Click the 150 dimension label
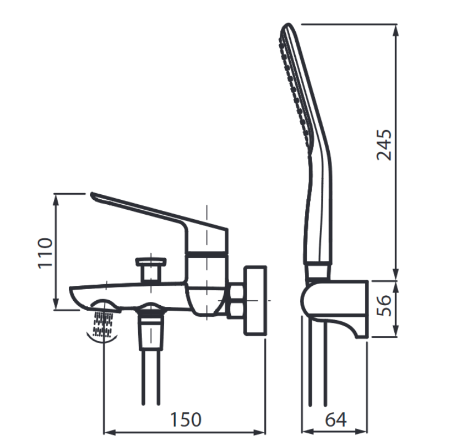coord(186,419)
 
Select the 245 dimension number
coord(384,145)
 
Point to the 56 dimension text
coord(384,305)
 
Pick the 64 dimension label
coord(336,419)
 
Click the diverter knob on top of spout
coord(151,270)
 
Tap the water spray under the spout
coord(102,324)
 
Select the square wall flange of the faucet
coord(256,301)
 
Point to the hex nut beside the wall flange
coord(236,301)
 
